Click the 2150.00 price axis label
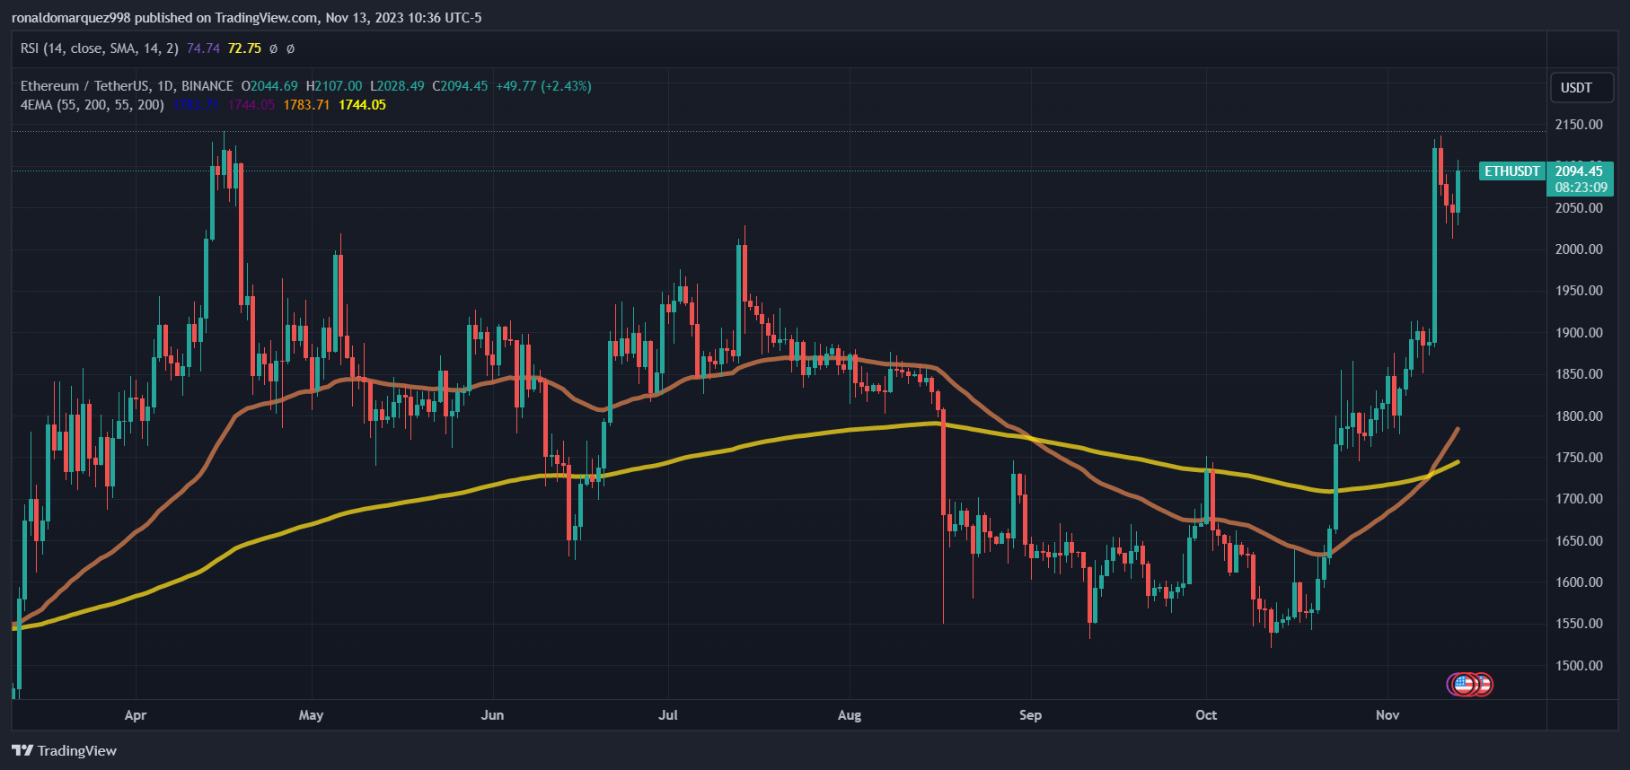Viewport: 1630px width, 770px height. pyautogui.click(x=1579, y=125)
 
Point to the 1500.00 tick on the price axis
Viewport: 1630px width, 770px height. pyautogui.click(x=1579, y=665)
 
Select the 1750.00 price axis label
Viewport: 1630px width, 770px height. pyautogui.click(x=1579, y=457)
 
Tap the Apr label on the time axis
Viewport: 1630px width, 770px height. pyautogui.click(x=136, y=715)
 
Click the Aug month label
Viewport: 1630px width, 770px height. pyautogui.click(x=849, y=715)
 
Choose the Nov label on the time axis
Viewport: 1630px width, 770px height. pyautogui.click(x=1388, y=715)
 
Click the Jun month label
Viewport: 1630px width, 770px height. pyautogui.click(x=492, y=715)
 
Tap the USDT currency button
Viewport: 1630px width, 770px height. pyautogui.click(x=1576, y=88)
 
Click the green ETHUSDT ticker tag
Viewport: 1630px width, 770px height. pyautogui.click(x=1511, y=171)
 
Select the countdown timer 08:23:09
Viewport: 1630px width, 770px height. pyautogui.click(x=1581, y=188)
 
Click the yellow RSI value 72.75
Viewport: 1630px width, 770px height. pyautogui.click(x=244, y=48)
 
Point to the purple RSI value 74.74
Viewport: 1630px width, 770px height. pyautogui.click(x=203, y=48)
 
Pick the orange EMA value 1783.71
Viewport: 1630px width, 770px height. pyautogui.click(x=306, y=105)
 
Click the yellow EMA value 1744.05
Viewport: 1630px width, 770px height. pyautogui.click(x=362, y=105)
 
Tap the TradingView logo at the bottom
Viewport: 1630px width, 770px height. pyautogui.click(x=65, y=750)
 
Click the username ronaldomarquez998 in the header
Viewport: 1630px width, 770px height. pyautogui.click(x=71, y=18)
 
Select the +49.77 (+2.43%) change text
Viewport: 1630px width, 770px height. pyautogui.click(x=543, y=86)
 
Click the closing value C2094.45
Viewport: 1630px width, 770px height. pyautogui.click(x=460, y=86)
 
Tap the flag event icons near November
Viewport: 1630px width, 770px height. pyautogui.click(x=1469, y=685)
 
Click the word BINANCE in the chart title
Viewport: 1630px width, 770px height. pyautogui.click(x=207, y=86)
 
